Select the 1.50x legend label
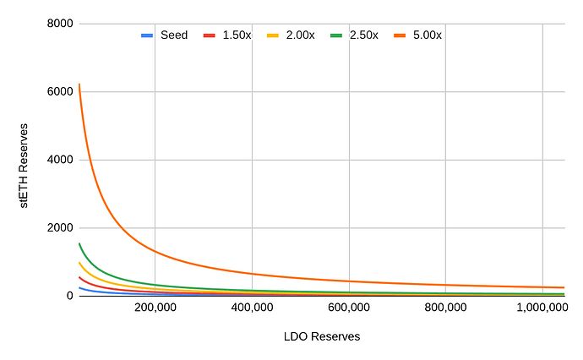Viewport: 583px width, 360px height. [236, 35]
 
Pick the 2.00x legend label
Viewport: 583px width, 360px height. [299, 35]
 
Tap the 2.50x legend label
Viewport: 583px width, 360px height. [363, 35]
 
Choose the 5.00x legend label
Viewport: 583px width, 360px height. [427, 35]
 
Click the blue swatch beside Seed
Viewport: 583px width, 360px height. [147, 35]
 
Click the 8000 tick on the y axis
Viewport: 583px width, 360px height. [57, 24]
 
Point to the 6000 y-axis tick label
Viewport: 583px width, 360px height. [57, 91]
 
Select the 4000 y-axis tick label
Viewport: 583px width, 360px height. [57, 160]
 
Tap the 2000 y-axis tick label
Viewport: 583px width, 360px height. [57, 227]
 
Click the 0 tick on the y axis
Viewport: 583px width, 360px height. [67, 296]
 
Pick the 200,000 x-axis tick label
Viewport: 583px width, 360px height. [155, 308]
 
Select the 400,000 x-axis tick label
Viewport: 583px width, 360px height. [252, 308]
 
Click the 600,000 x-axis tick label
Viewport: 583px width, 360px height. [349, 308]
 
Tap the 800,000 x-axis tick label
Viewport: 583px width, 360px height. [445, 308]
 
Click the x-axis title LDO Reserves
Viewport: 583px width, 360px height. [322, 336]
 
